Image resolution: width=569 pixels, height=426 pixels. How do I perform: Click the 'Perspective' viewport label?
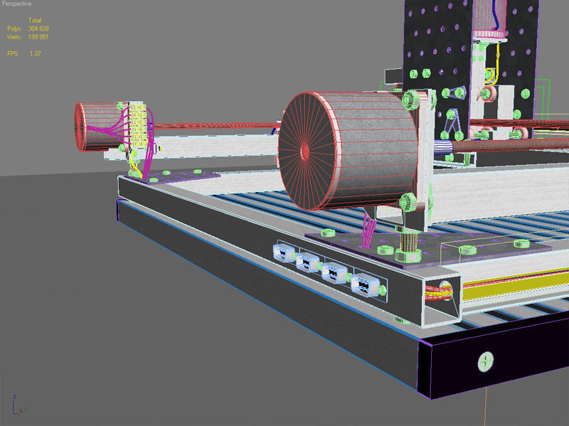[x=16, y=4]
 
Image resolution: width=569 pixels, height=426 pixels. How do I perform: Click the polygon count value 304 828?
[x=38, y=28]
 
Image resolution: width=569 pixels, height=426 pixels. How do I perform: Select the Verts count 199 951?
[x=38, y=36]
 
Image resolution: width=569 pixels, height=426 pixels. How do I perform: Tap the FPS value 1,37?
[x=34, y=53]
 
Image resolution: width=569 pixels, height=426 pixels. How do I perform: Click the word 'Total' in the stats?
[x=34, y=20]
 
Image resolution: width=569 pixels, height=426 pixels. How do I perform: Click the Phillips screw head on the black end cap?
[x=486, y=362]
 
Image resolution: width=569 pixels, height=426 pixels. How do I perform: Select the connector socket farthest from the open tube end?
[x=283, y=253]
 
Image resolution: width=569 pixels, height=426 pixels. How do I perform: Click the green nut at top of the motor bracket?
[x=410, y=97]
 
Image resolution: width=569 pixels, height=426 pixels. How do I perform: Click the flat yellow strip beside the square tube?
[x=512, y=292]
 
